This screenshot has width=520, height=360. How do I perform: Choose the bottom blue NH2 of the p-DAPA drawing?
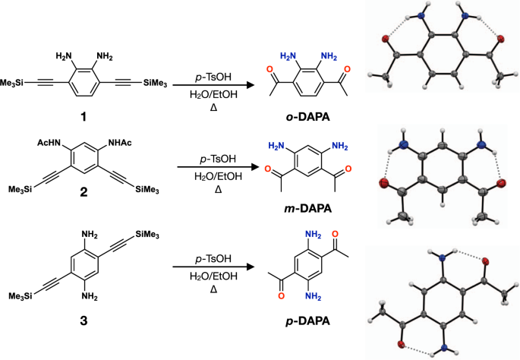point(310,308)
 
